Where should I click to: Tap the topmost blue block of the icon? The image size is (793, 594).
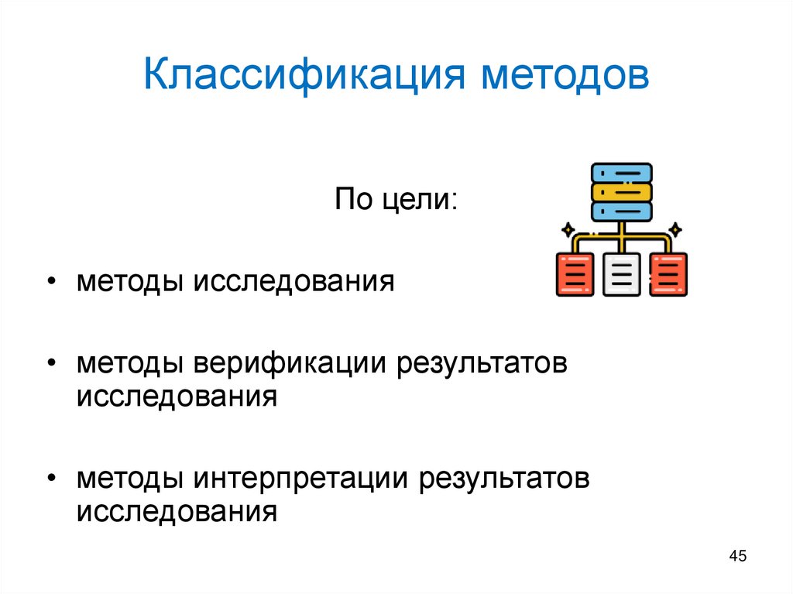[x=621, y=172]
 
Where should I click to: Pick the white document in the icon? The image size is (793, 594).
[x=621, y=274]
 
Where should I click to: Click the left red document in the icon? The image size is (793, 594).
[x=575, y=274]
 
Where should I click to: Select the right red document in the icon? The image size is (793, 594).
[x=668, y=274]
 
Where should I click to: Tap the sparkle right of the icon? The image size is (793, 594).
[x=675, y=229]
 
